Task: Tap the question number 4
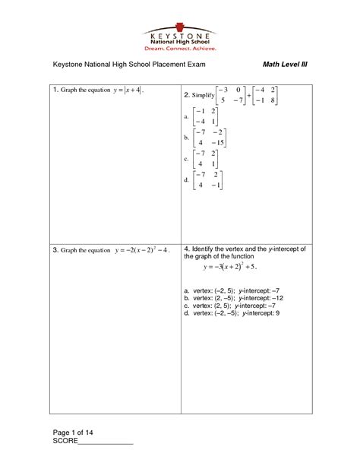click(x=187, y=249)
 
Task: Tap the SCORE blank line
click(x=106, y=443)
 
